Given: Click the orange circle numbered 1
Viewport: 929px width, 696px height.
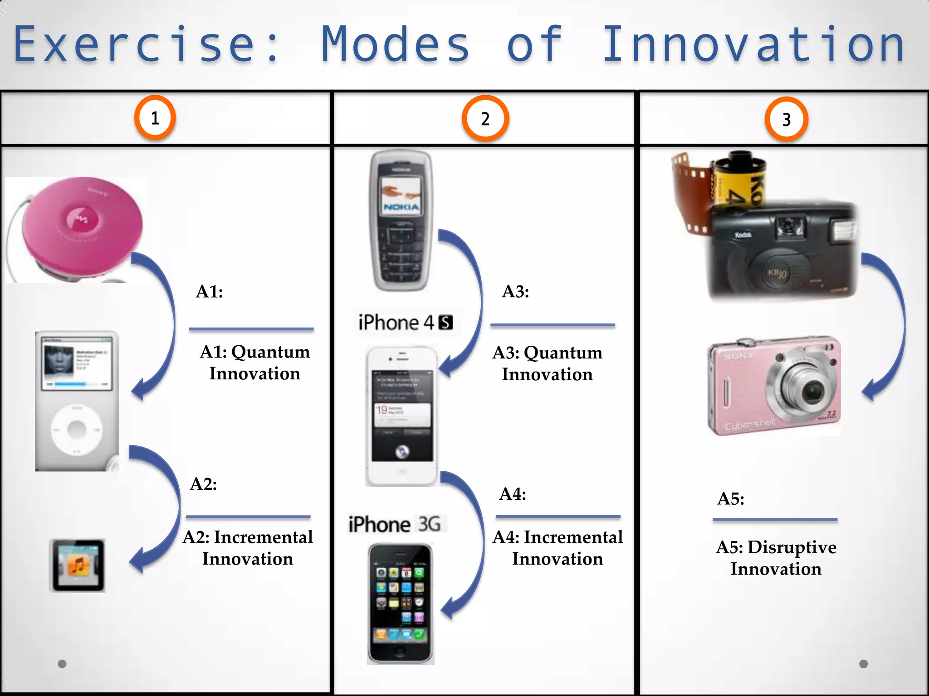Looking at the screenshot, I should [155, 118].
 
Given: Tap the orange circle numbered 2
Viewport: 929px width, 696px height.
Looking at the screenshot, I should [485, 119].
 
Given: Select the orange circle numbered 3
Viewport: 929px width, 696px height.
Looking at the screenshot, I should [786, 120].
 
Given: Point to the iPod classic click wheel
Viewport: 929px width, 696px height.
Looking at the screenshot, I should [77, 430].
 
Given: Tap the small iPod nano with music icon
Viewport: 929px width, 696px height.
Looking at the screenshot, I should [78, 565].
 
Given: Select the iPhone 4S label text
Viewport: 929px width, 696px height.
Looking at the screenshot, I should [405, 323].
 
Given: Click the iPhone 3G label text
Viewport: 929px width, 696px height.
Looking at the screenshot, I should [394, 524].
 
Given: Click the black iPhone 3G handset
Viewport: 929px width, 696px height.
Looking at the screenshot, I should [400, 603].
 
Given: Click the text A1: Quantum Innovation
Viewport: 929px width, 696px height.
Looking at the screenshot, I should [254, 362].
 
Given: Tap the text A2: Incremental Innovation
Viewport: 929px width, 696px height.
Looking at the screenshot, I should [248, 548].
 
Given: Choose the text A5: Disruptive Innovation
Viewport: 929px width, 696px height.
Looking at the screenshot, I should [776, 558].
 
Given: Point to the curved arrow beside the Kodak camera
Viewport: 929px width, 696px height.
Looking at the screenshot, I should [885, 326].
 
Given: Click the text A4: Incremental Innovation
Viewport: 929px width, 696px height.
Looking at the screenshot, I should [557, 548].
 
